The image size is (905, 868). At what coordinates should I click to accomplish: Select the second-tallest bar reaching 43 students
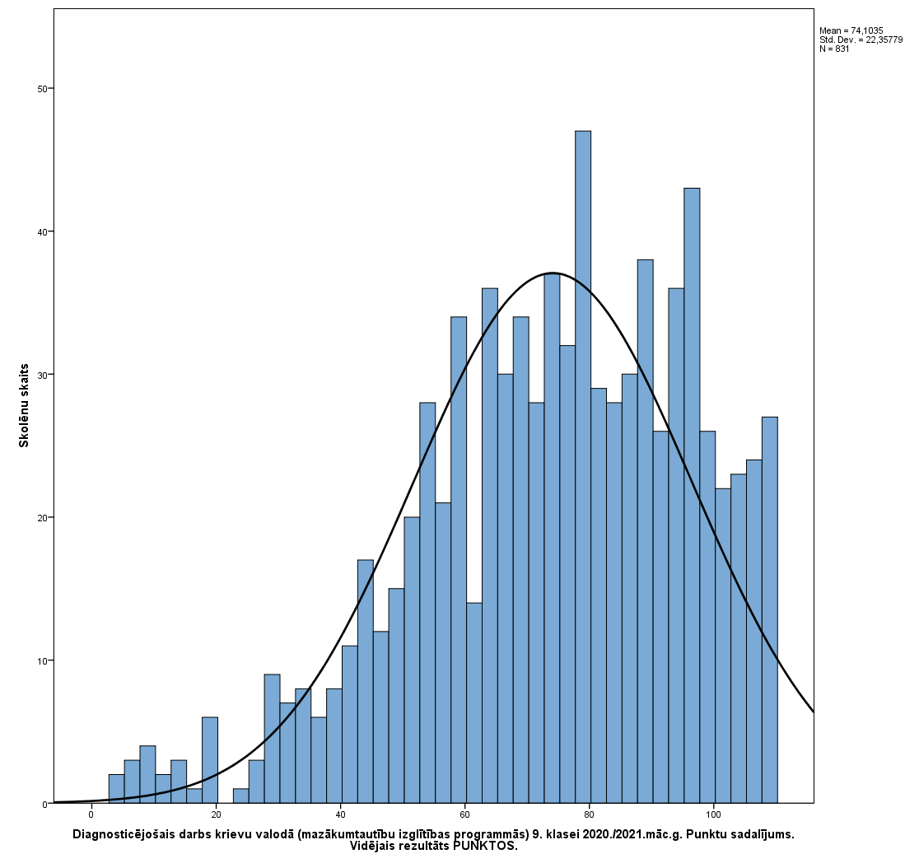pos(692,495)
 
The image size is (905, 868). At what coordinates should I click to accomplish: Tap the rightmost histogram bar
pos(770,609)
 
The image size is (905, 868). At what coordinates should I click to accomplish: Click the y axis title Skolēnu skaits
pos(24,405)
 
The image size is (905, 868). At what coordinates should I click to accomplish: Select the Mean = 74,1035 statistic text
pos(851,30)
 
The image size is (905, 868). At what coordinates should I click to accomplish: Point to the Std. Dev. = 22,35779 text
pos(861,40)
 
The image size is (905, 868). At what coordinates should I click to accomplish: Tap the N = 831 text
pos(834,49)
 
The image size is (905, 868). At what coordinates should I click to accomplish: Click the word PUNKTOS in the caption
pos(485,846)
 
